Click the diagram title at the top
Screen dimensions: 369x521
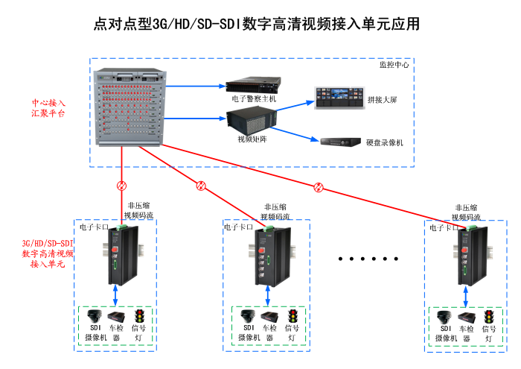(257, 24)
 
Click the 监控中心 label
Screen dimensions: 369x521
(394, 65)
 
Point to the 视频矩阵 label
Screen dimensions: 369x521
(252, 139)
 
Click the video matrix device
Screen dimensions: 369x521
(252, 119)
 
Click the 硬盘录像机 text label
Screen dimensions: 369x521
(385, 142)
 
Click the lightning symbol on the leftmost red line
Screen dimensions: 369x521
(121, 186)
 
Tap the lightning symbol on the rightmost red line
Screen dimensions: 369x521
(319, 187)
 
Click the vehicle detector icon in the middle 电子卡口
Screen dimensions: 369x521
(269, 316)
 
